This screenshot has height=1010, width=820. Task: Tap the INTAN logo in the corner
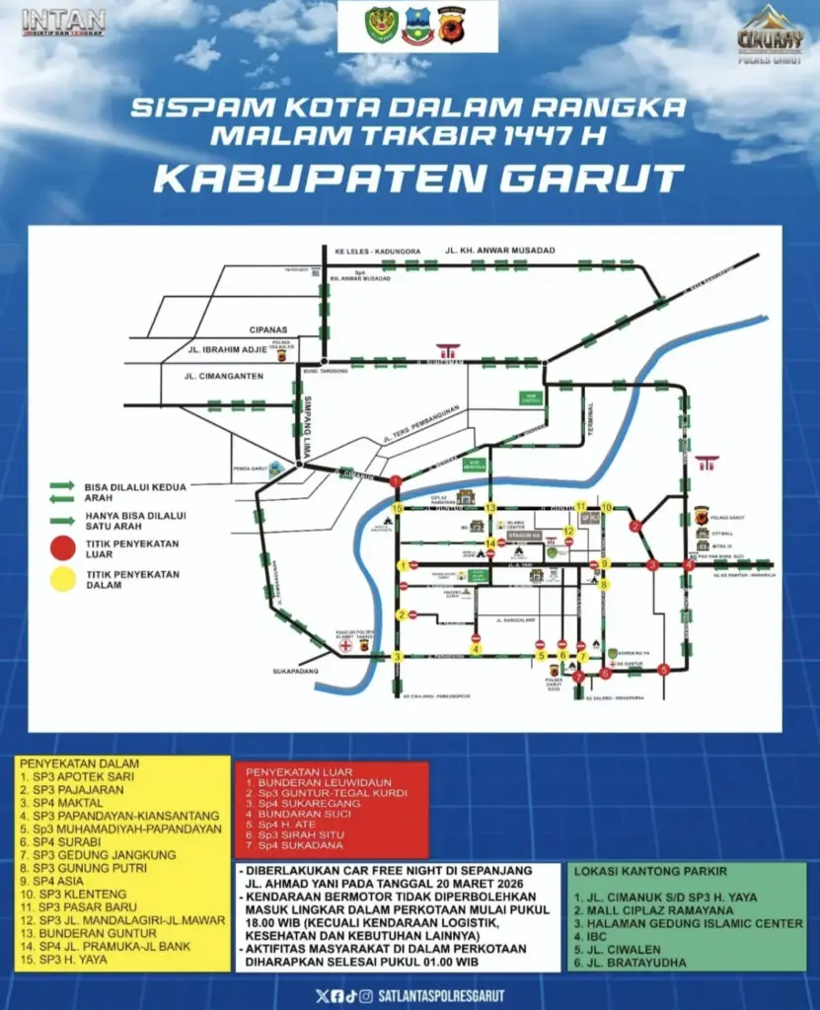coord(63,21)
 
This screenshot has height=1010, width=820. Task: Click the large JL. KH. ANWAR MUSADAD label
coord(500,251)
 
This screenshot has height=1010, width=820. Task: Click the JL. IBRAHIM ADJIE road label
coord(222,349)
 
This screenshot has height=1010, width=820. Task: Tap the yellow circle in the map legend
coord(64,578)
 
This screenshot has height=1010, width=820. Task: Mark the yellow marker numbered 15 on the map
coord(397,508)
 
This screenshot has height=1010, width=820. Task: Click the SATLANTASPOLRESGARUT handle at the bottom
coord(441,996)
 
